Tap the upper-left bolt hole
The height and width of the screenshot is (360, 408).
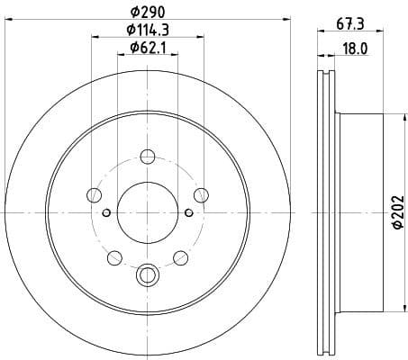pyautogui.click(x=94, y=194)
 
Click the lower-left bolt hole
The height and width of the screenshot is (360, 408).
pyautogui.click(x=113, y=259)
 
